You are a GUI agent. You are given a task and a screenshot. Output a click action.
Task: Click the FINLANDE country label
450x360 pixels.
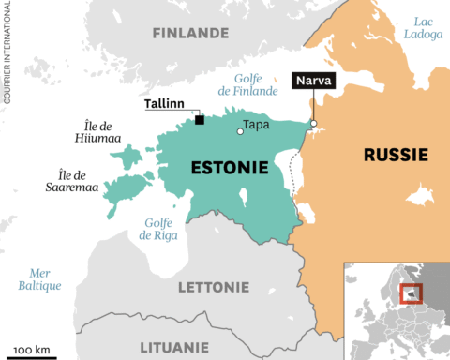(190, 33)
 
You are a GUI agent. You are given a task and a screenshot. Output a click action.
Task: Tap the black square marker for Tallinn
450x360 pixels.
(200, 119)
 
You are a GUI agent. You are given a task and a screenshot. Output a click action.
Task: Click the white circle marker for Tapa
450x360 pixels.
(240, 131)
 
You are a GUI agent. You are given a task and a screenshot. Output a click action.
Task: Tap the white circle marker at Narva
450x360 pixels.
(313, 123)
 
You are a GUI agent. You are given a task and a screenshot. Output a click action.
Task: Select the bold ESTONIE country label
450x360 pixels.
(230, 168)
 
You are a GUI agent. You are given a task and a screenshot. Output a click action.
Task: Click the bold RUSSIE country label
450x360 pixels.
(396, 154)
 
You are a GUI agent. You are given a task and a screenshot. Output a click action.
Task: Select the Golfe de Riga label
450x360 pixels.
(158, 228)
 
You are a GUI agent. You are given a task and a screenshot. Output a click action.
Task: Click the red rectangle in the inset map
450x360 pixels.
(409, 293)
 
